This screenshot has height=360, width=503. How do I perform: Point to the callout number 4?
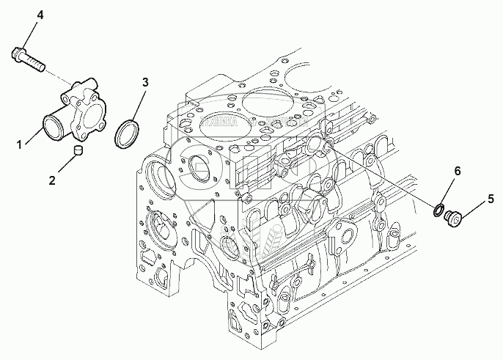tap(20, 15)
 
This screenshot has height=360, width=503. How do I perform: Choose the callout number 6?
tap(458, 172)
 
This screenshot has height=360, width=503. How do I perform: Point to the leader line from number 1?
tap(33, 138)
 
